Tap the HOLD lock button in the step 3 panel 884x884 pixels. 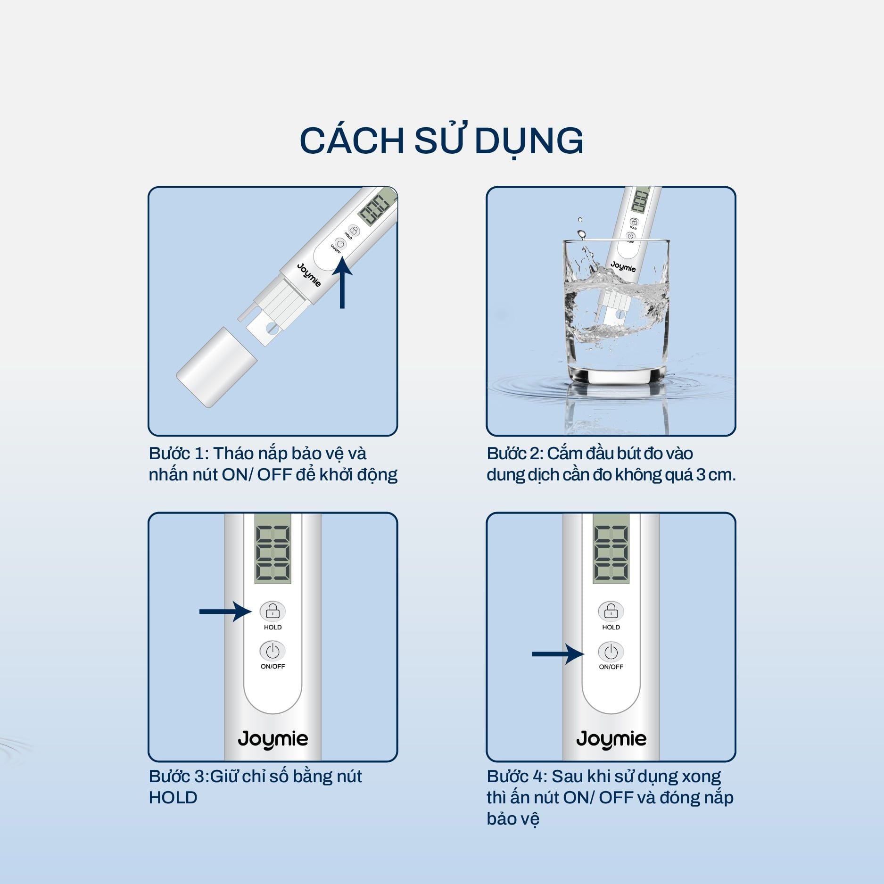(x=273, y=611)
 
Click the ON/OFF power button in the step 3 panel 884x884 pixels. (x=273, y=651)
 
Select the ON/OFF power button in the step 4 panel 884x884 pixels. (x=611, y=652)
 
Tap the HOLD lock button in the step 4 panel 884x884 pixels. (x=611, y=611)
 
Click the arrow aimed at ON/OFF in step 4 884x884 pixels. (x=558, y=653)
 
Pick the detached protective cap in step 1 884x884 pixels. (x=216, y=367)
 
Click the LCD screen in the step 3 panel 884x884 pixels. (x=273, y=549)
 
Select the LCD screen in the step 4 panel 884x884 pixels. (x=611, y=549)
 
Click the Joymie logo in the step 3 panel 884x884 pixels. (x=273, y=739)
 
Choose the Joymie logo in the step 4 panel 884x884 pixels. (x=611, y=739)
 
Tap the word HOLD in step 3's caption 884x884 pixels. (x=173, y=797)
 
